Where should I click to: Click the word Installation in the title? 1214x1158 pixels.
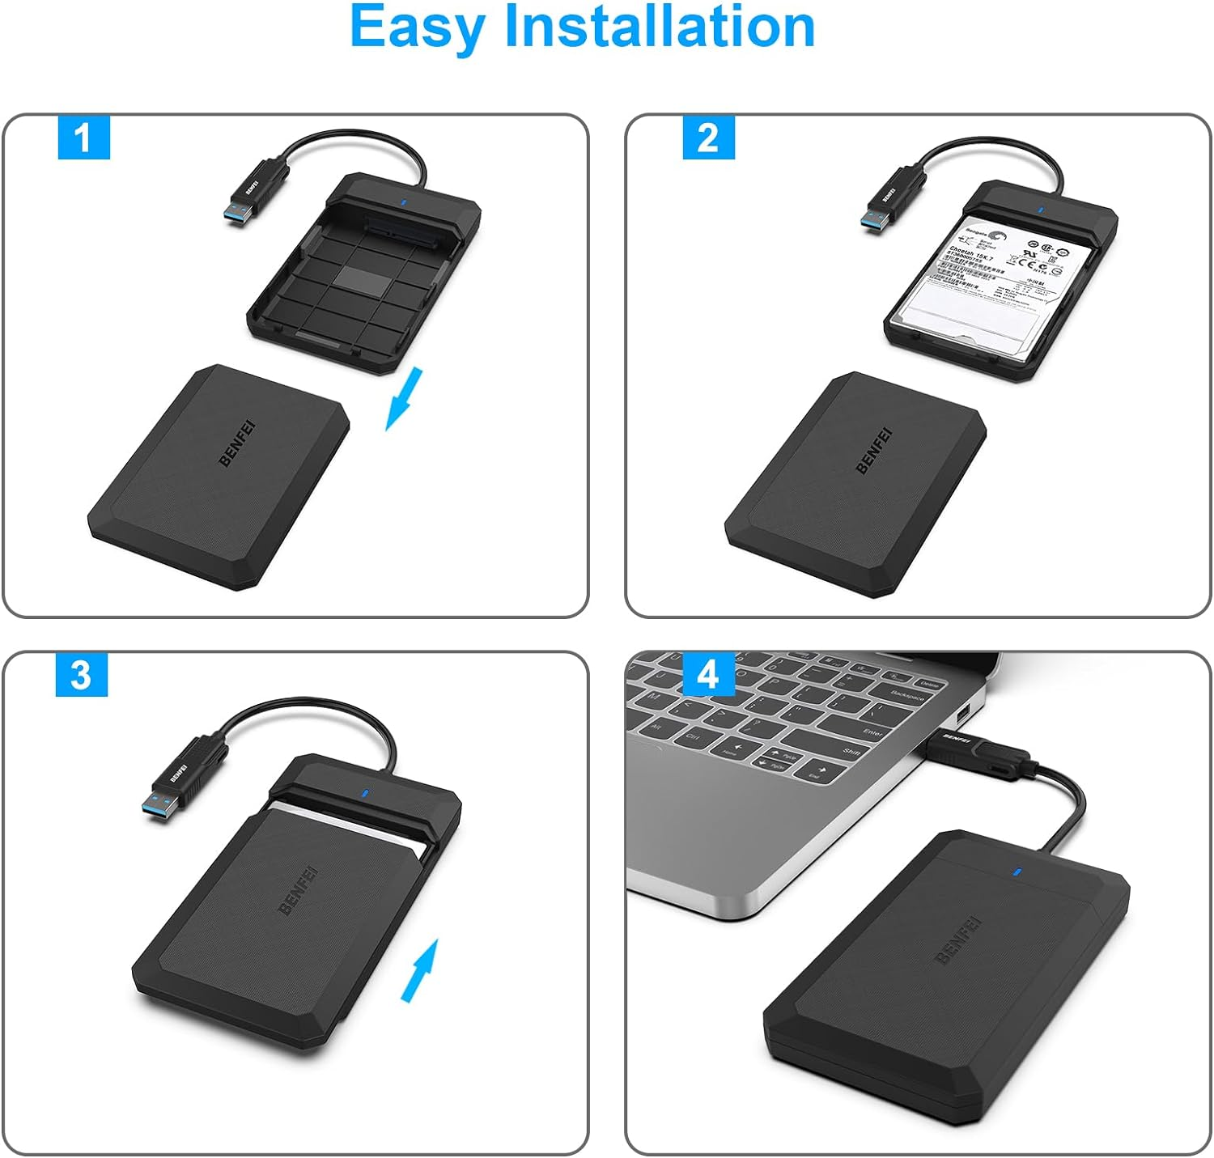pyautogui.click(x=659, y=27)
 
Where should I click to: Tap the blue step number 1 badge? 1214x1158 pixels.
pyautogui.click(x=83, y=137)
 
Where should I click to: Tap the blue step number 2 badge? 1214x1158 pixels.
pyautogui.click(x=708, y=138)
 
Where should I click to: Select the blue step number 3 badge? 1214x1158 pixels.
pyautogui.click(x=81, y=674)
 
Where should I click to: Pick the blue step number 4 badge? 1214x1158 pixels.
pyautogui.click(x=708, y=674)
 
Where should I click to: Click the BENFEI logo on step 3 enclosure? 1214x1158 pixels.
pyautogui.click(x=297, y=889)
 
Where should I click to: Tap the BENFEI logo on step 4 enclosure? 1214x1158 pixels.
pyautogui.click(x=957, y=940)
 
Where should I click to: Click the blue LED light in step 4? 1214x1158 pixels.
pyautogui.click(x=1017, y=873)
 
